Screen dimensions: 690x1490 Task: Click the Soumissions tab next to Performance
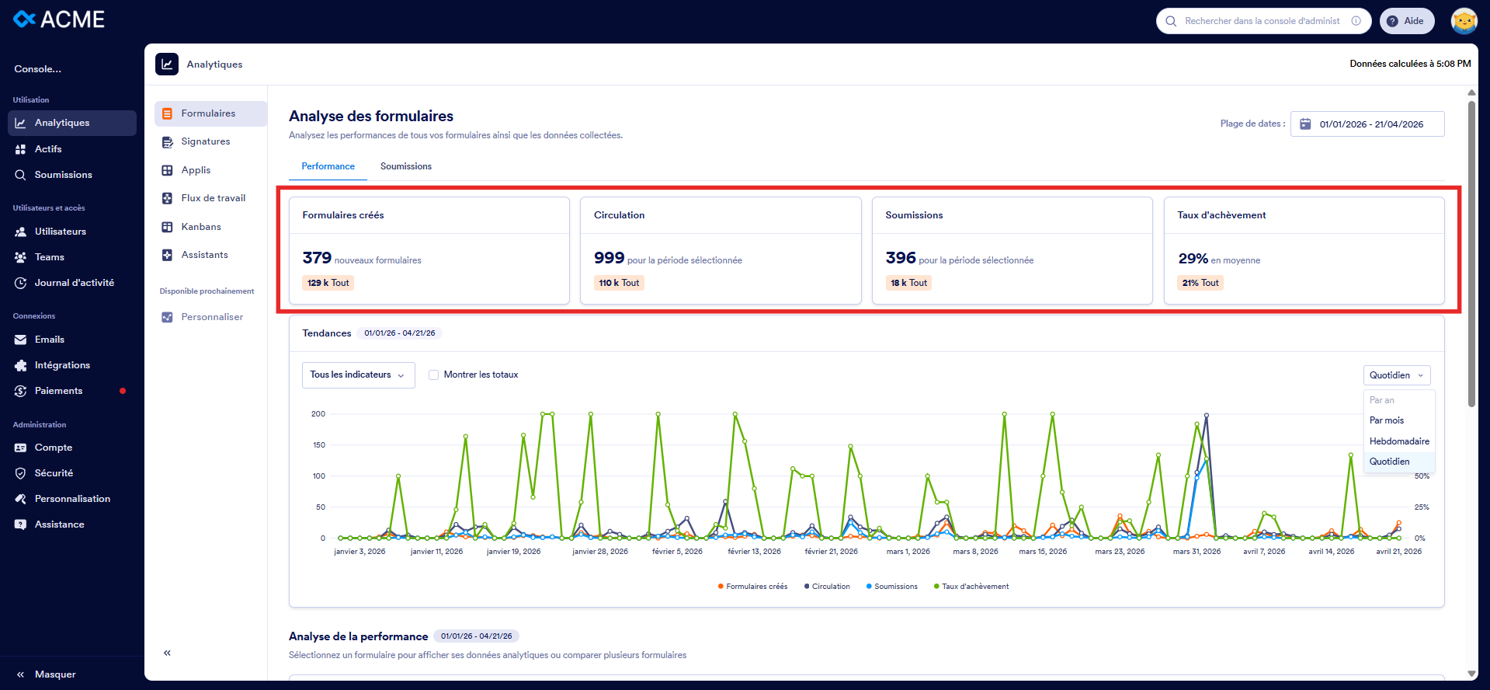[x=405, y=166]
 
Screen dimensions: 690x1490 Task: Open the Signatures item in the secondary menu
[x=205, y=141]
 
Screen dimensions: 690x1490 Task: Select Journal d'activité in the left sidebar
[x=74, y=283]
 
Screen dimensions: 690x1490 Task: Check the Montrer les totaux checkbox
[x=434, y=375]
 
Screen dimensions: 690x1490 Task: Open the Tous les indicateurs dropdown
[x=358, y=375]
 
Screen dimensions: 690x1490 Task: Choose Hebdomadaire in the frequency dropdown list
[x=1398, y=441]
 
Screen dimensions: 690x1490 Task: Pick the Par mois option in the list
[x=1386, y=420]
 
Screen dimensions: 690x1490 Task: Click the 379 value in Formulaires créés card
[x=317, y=258]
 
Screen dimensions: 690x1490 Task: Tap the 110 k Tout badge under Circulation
[x=619, y=283]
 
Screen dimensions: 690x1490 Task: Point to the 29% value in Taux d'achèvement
[x=1193, y=259]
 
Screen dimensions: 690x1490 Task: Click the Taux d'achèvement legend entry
[x=974, y=587]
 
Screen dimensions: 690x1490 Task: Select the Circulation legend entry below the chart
[x=830, y=587]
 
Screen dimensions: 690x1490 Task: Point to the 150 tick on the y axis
[x=319, y=445]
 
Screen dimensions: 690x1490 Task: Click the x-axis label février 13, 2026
[x=754, y=552]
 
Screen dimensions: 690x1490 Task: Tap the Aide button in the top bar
[x=1406, y=21]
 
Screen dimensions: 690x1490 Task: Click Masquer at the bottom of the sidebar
[x=54, y=674]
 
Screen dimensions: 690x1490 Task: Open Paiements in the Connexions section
[x=58, y=391]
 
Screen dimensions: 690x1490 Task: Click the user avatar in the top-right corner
[x=1464, y=21]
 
